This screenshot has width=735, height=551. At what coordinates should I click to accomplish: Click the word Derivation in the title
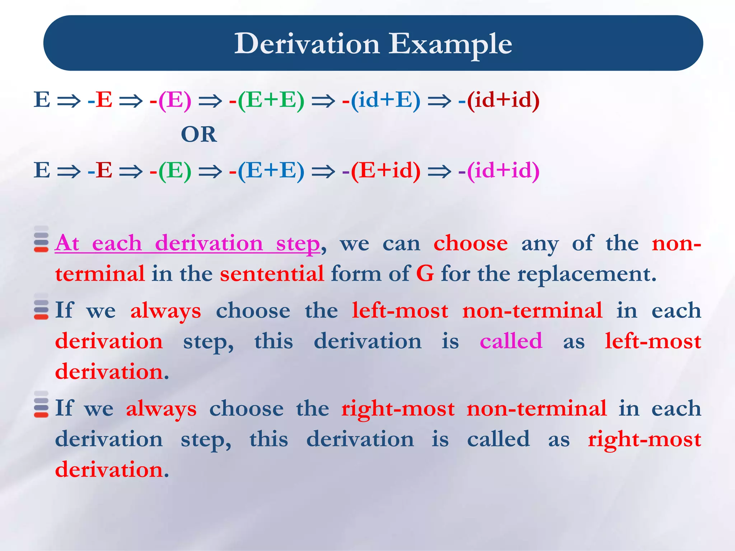(307, 44)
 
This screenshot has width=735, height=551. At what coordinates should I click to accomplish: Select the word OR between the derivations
(199, 135)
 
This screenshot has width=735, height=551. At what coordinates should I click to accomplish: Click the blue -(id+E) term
(381, 100)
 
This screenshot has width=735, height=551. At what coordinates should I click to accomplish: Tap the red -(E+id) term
(381, 170)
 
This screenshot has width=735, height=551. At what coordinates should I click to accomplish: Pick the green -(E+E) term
(267, 100)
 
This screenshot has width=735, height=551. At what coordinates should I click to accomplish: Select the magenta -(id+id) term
(499, 170)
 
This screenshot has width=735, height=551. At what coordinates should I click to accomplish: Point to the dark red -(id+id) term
(499, 100)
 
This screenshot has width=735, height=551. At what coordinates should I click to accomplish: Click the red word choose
(471, 244)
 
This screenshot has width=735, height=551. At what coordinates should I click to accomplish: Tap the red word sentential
(272, 274)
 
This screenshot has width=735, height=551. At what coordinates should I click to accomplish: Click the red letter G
(425, 274)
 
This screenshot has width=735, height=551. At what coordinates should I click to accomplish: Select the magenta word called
(511, 341)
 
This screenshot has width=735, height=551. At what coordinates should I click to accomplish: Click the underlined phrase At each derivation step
(187, 244)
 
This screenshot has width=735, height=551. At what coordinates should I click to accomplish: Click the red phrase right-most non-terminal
(474, 409)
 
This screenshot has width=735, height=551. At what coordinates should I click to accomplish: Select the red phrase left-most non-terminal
(477, 311)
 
